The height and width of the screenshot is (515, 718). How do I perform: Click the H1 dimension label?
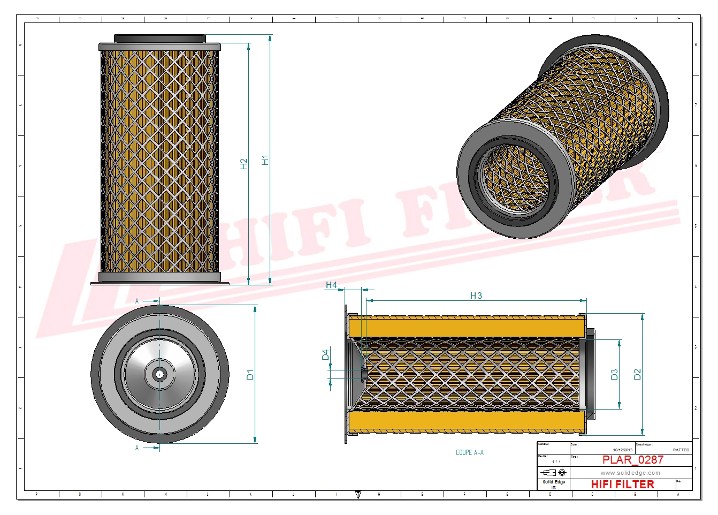[x=265, y=160]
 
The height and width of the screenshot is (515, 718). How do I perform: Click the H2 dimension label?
[x=244, y=164]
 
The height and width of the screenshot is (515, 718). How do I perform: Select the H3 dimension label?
[x=476, y=296]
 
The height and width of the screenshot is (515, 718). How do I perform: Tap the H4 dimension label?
[x=331, y=285]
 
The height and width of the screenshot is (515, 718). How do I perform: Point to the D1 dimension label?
[x=250, y=375]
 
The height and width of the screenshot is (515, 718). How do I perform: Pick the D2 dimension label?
[x=637, y=375]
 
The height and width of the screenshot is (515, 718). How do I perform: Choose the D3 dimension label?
[x=614, y=375]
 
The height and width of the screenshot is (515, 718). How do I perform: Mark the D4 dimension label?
[x=325, y=354]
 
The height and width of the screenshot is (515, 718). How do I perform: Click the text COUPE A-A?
[x=469, y=453]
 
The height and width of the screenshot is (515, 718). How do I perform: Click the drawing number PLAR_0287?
[x=632, y=460]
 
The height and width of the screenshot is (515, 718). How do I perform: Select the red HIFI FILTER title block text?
[x=622, y=484]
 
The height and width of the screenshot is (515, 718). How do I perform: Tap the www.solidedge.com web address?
[x=630, y=473]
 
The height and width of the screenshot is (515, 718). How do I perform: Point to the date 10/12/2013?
[x=622, y=450]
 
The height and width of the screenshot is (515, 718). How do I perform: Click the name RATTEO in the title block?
[x=681, y=450]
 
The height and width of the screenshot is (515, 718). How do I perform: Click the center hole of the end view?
[x=159, y=375]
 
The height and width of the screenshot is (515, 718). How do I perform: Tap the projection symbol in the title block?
[x=554, y=473]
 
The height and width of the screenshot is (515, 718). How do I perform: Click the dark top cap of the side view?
[x=159, y=39]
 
